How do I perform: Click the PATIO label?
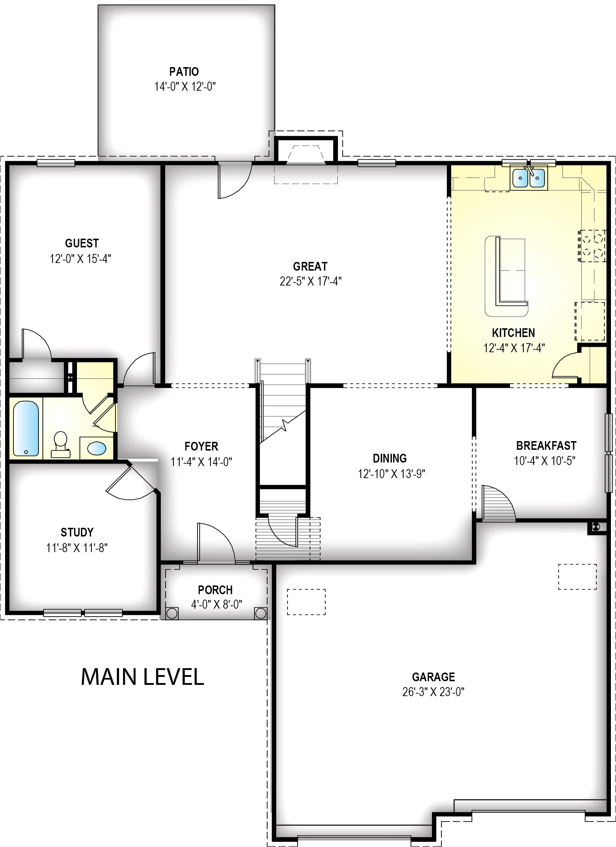click(x=184, y=71)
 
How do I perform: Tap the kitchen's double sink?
click(x=529, y=178)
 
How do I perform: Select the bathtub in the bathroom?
click(x=26, y=428)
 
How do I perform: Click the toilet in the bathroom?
click(x=61, y=444)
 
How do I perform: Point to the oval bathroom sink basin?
click(x=97, y=448)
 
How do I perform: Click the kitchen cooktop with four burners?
click(x=592, y=246)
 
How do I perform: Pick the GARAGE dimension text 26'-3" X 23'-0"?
click(x=433, y=692)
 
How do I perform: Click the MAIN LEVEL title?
click(x=142, y=677)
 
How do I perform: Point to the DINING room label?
click(x=389, y=458)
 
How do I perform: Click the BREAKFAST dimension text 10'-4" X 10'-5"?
click(x=544, y=461)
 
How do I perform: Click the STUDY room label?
click(x=77, y=532)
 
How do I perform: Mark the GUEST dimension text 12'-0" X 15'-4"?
click(x=80, y=258)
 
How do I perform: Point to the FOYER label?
click(x=201, y=446)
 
